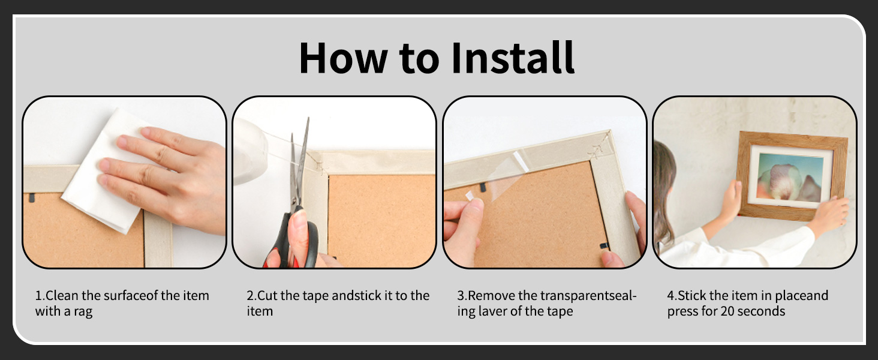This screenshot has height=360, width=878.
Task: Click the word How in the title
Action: pos(344,58)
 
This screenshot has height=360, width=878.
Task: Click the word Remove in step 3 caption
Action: pos(492,295)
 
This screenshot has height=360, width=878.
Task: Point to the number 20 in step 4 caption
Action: pos(727,311)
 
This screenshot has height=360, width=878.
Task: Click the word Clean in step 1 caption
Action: pos(62,295)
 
